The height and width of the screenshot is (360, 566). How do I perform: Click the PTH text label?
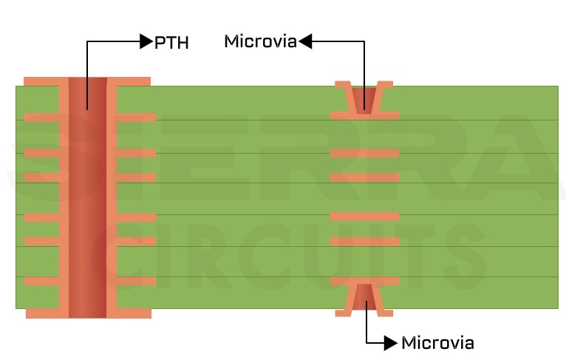coord(171,43)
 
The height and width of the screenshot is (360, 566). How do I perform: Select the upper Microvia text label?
coord(260,42)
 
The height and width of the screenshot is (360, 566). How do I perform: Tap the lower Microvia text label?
coord(437,343)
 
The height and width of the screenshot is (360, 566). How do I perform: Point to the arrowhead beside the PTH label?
coord(146,42)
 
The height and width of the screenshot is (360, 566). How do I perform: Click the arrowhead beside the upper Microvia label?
coord(305,42)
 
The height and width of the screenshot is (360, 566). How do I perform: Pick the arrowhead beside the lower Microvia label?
coord(392,343)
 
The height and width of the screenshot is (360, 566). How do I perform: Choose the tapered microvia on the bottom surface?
coord(364,296)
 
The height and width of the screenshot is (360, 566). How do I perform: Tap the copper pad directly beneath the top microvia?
coord(364,115)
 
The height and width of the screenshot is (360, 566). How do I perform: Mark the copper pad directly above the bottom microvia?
coord(364,281)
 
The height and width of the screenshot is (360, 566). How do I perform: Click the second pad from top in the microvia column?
coord(364,153)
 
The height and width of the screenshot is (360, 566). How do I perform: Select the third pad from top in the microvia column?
coord(364,177)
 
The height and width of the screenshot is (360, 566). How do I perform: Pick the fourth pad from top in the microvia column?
coord(364,217)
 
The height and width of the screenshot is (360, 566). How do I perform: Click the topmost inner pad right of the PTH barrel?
coord(136,117)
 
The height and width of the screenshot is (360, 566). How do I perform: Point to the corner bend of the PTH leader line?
coord(87,42)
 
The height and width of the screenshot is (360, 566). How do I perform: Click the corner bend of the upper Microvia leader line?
coord(364,42)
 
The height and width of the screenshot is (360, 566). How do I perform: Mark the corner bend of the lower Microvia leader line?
coord(367,343)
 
